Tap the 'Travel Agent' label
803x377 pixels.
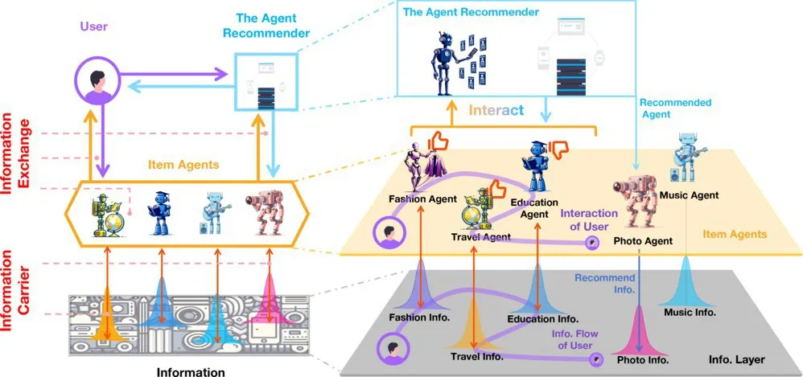[x=480, y=237]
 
